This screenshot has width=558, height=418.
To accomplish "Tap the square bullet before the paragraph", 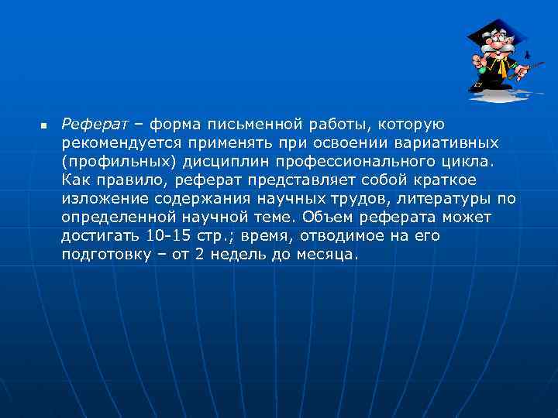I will pyautogui.click(x=43, y=125).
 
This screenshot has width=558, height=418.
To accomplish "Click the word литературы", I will pyautogui.click(x=446, y=199).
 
